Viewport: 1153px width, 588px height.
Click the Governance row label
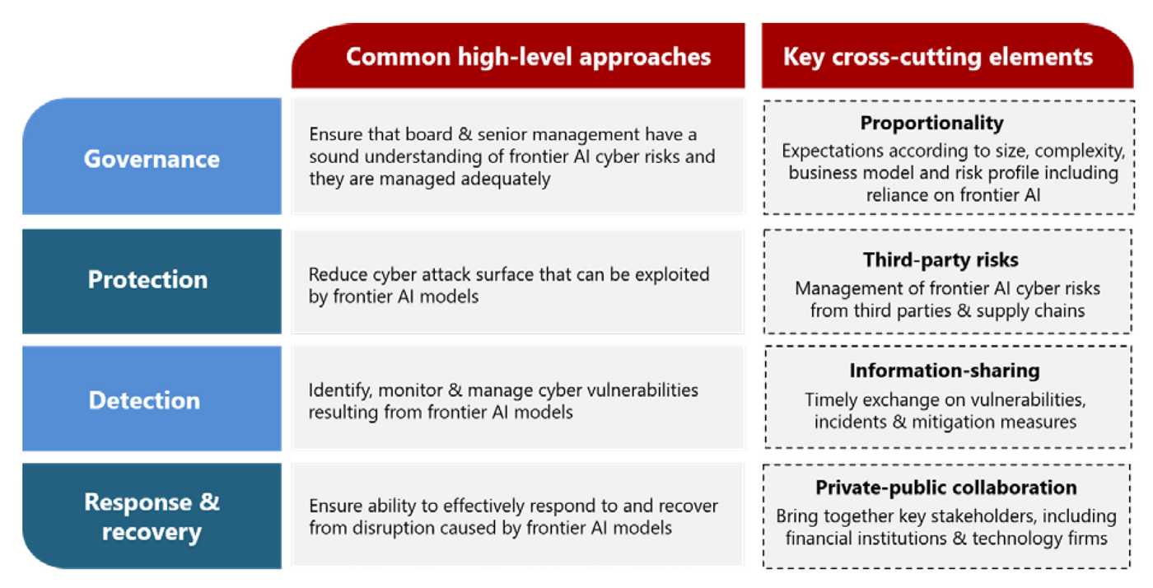152,159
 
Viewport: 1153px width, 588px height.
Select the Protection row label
147,279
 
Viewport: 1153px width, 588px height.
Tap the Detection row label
145,400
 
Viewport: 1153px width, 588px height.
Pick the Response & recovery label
152,516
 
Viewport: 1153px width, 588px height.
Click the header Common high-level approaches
528,57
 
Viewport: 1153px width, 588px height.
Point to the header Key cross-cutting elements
938,57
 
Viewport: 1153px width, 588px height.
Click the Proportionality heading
932,123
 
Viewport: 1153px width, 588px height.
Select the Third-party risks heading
941,260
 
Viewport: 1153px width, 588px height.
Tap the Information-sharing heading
945,371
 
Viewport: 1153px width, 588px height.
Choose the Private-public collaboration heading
946,488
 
